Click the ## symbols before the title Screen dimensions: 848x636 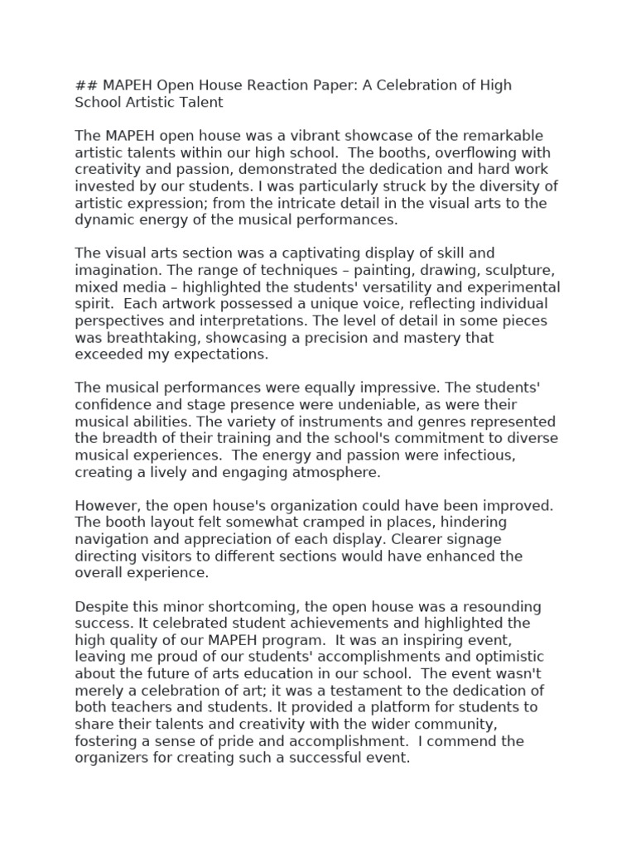(x=84, y=85)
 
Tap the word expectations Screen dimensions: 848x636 (x=216, y=354)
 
